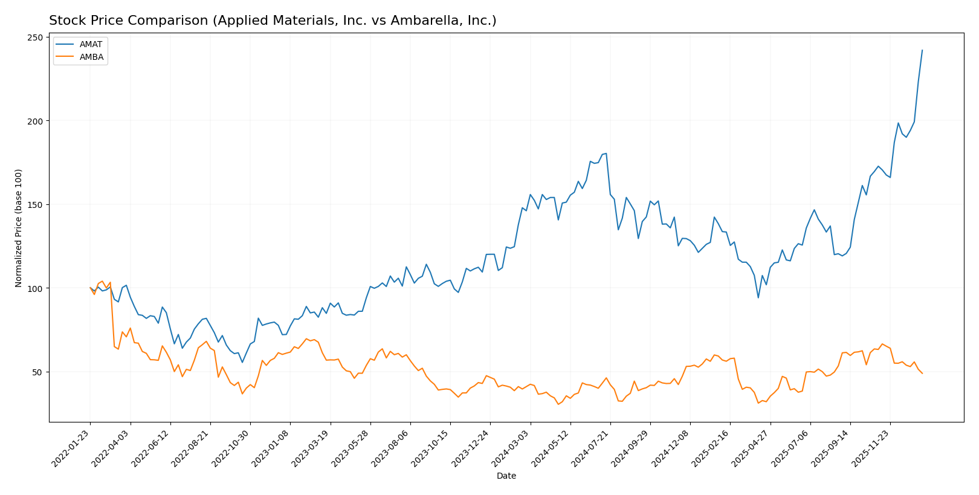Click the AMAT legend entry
click(91, 45)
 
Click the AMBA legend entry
click(91, 57)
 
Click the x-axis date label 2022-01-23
click(71, 447)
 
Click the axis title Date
click(506, 476)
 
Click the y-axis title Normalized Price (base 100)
click(19, 228)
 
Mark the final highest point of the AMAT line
click(922, 50)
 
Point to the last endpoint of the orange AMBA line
click(922, 374)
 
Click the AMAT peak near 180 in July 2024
click(606, 154)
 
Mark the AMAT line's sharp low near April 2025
click(758, 297)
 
